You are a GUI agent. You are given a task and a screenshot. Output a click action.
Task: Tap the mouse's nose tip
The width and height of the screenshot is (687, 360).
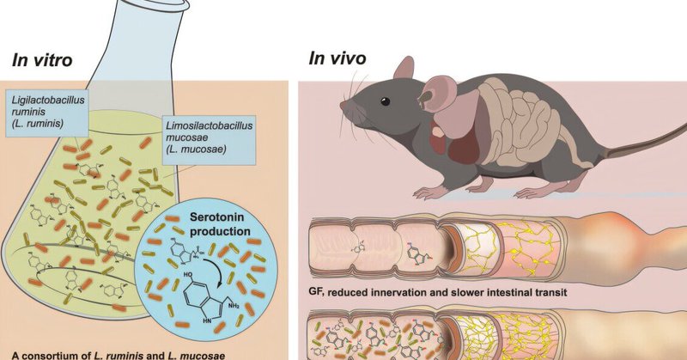(342, 107)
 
